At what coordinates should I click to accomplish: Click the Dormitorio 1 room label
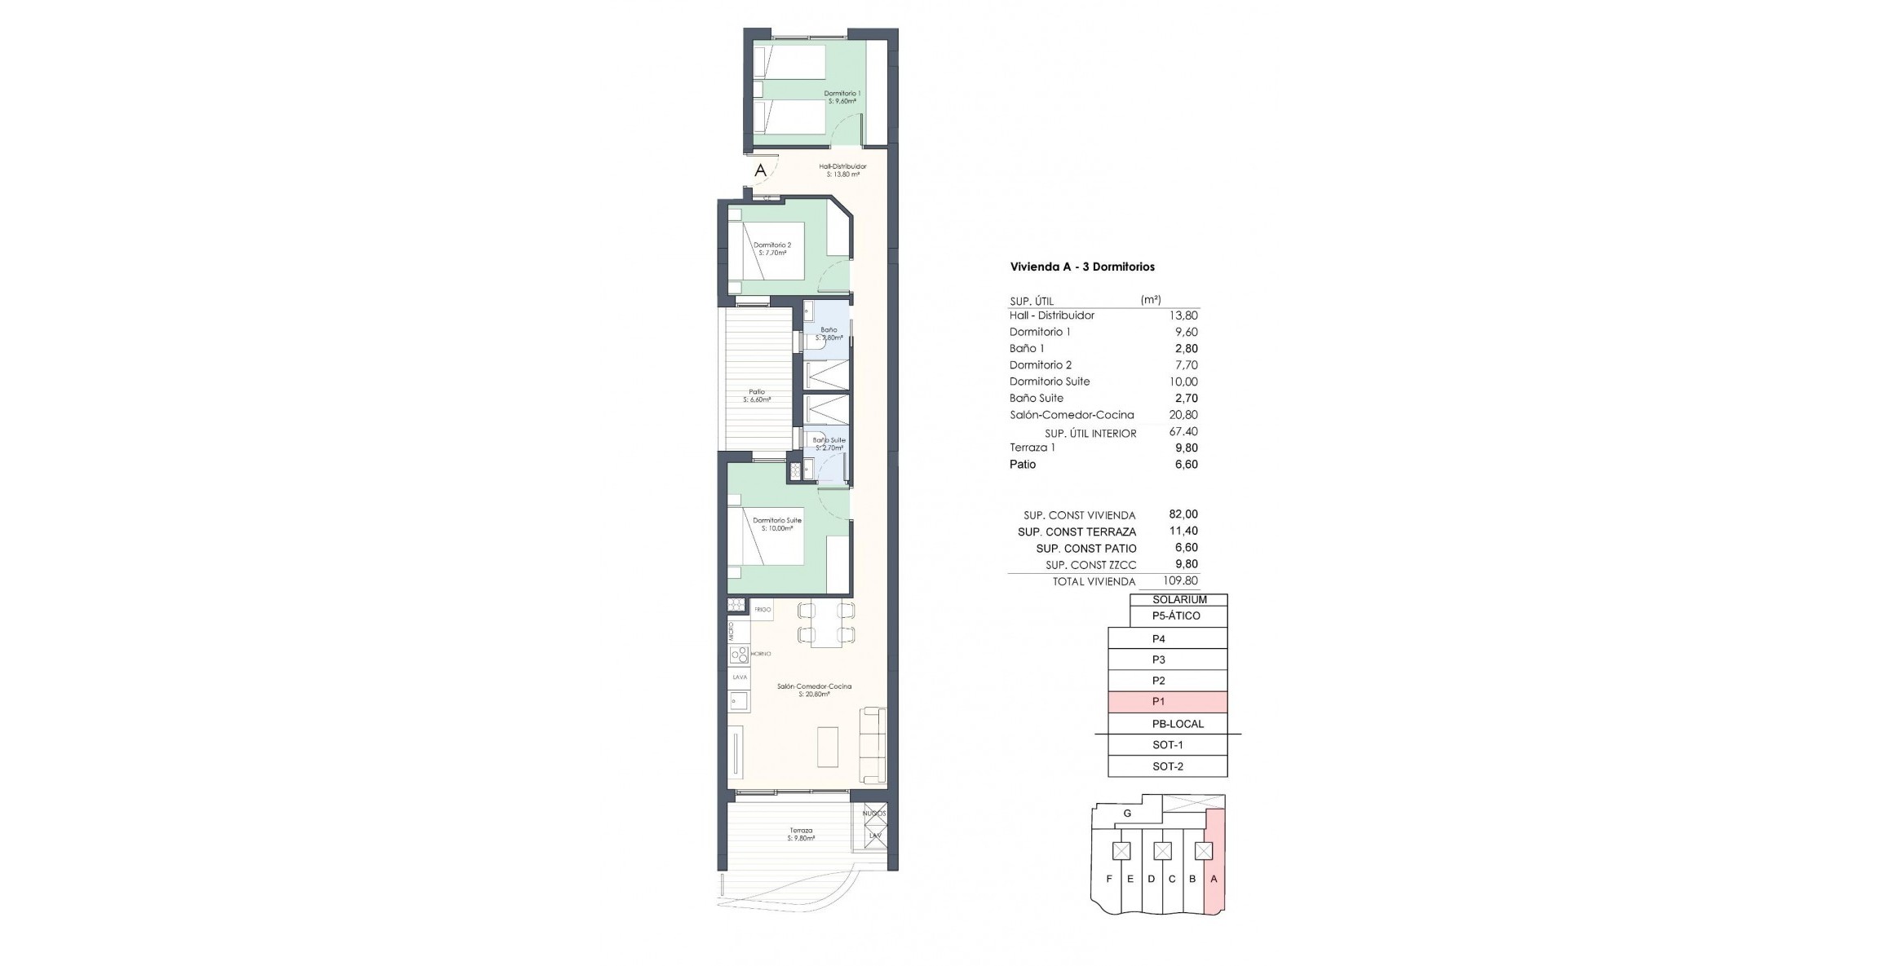[x=842, y=97]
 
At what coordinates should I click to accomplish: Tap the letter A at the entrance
[x=760, y=170]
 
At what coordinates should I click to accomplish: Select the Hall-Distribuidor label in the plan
[x=842, y=170]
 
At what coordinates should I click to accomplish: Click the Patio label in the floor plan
[x=757, y=395]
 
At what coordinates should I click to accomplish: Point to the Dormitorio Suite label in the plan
[x=776, y=523]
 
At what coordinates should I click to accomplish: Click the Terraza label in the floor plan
[x=801, y=834]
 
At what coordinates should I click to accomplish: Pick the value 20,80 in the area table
[x=1183, y=415]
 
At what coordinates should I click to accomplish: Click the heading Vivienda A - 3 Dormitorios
[x=1082, y=267]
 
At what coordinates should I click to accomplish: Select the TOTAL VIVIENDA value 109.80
[x=1180, y=581]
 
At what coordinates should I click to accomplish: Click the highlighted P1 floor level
[x=1167, y=702]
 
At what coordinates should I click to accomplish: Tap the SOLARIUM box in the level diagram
[x=1179, y=599]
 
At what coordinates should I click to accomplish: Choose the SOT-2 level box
[x=1167, y=766]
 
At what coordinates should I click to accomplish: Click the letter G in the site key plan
[x=1127, y=814]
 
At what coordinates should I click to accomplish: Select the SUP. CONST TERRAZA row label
[x=1077, y=532]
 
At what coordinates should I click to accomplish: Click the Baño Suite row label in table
[x=1036, y=399]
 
